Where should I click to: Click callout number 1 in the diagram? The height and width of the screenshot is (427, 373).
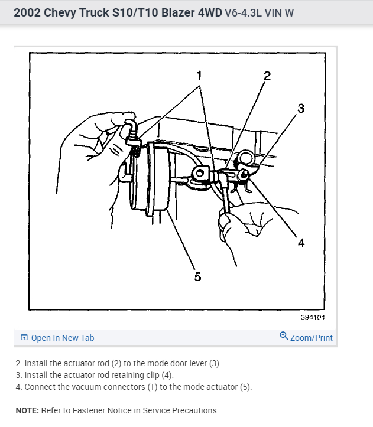pyautogui.click(x=199, y=75)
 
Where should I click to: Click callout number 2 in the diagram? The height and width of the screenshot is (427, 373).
pyautogui.click(x=267, y=76)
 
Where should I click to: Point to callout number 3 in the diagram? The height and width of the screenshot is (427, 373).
pyautogui.click(x=301, y=108)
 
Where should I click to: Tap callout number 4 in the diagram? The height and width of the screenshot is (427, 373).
pyautogui.click(x=301, y=243)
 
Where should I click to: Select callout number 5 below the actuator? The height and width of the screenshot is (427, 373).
pyautogui.click(x=197, y=276)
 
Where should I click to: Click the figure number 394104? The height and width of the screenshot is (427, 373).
pyautogui.click(x=313, y=317)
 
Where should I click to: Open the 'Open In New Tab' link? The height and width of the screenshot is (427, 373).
pyautogui.click(x=62, y=338)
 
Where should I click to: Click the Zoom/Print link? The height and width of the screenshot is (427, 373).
pyautogui.click(x=311, y=338)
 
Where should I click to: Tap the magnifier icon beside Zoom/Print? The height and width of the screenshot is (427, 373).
pyautogui.click(x=284, y=337)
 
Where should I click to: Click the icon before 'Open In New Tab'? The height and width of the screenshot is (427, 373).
pyautogui.click(x=24, y=338)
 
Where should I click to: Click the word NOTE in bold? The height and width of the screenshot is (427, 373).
pyautogui.click(x=27, y=410)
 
